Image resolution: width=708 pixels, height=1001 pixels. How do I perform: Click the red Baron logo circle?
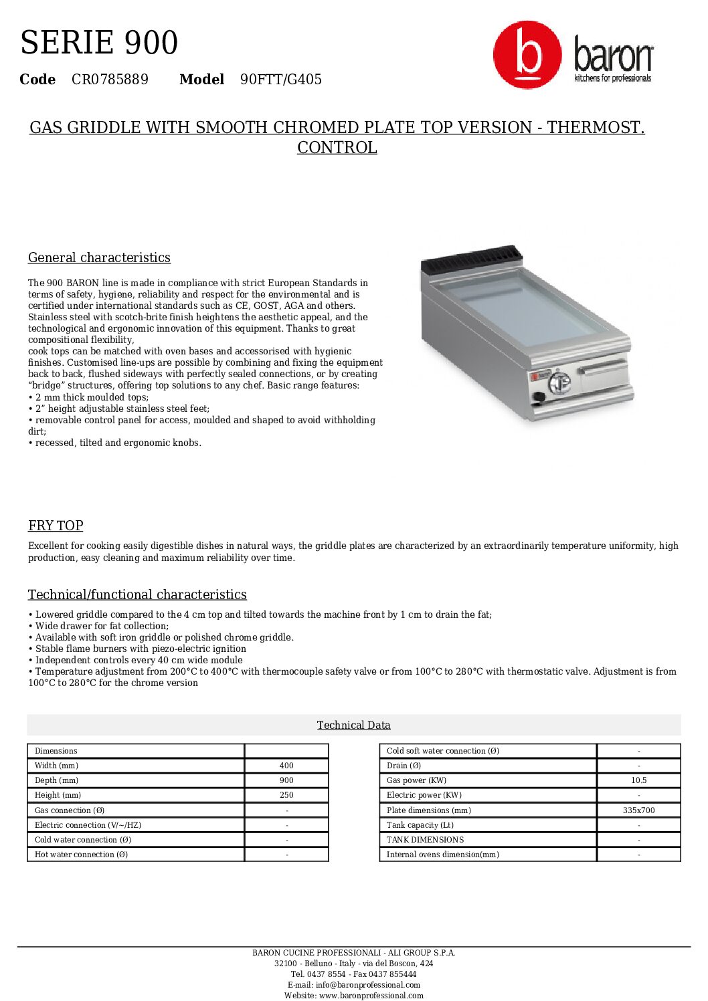tap(527, 55)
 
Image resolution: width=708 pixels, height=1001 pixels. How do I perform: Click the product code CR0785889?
tap(110, 80)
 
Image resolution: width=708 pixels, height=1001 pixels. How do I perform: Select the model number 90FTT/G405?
tap(281, 80)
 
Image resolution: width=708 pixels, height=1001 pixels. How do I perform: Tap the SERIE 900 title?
tap(99, 43)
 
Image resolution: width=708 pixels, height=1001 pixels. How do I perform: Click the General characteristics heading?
tap(99, 257)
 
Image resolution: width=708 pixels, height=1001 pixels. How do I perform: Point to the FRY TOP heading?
tap(56, 526)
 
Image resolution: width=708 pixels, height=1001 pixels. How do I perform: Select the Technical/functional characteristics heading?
tap(137, 594)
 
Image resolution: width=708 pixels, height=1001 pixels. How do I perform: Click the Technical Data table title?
tap(353, 725)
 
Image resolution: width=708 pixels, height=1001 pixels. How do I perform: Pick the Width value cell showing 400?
tap(286, 766)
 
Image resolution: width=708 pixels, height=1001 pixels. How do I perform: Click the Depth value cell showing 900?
tap(286, 780)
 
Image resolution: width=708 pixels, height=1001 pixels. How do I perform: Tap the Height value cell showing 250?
tap(286, 795)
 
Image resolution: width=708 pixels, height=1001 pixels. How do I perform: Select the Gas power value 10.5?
tap(638, 780)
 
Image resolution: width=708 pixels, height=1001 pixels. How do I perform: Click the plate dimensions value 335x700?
tap(638, 810)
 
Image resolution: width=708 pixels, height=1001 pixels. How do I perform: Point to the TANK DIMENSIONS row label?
tap(425, 840)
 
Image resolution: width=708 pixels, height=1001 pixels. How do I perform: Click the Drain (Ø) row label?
tap(404, 766)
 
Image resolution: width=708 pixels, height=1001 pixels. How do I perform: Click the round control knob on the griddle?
tap(559, 383)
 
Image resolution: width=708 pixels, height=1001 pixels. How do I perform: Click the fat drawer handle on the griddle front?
tap(602, 368)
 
